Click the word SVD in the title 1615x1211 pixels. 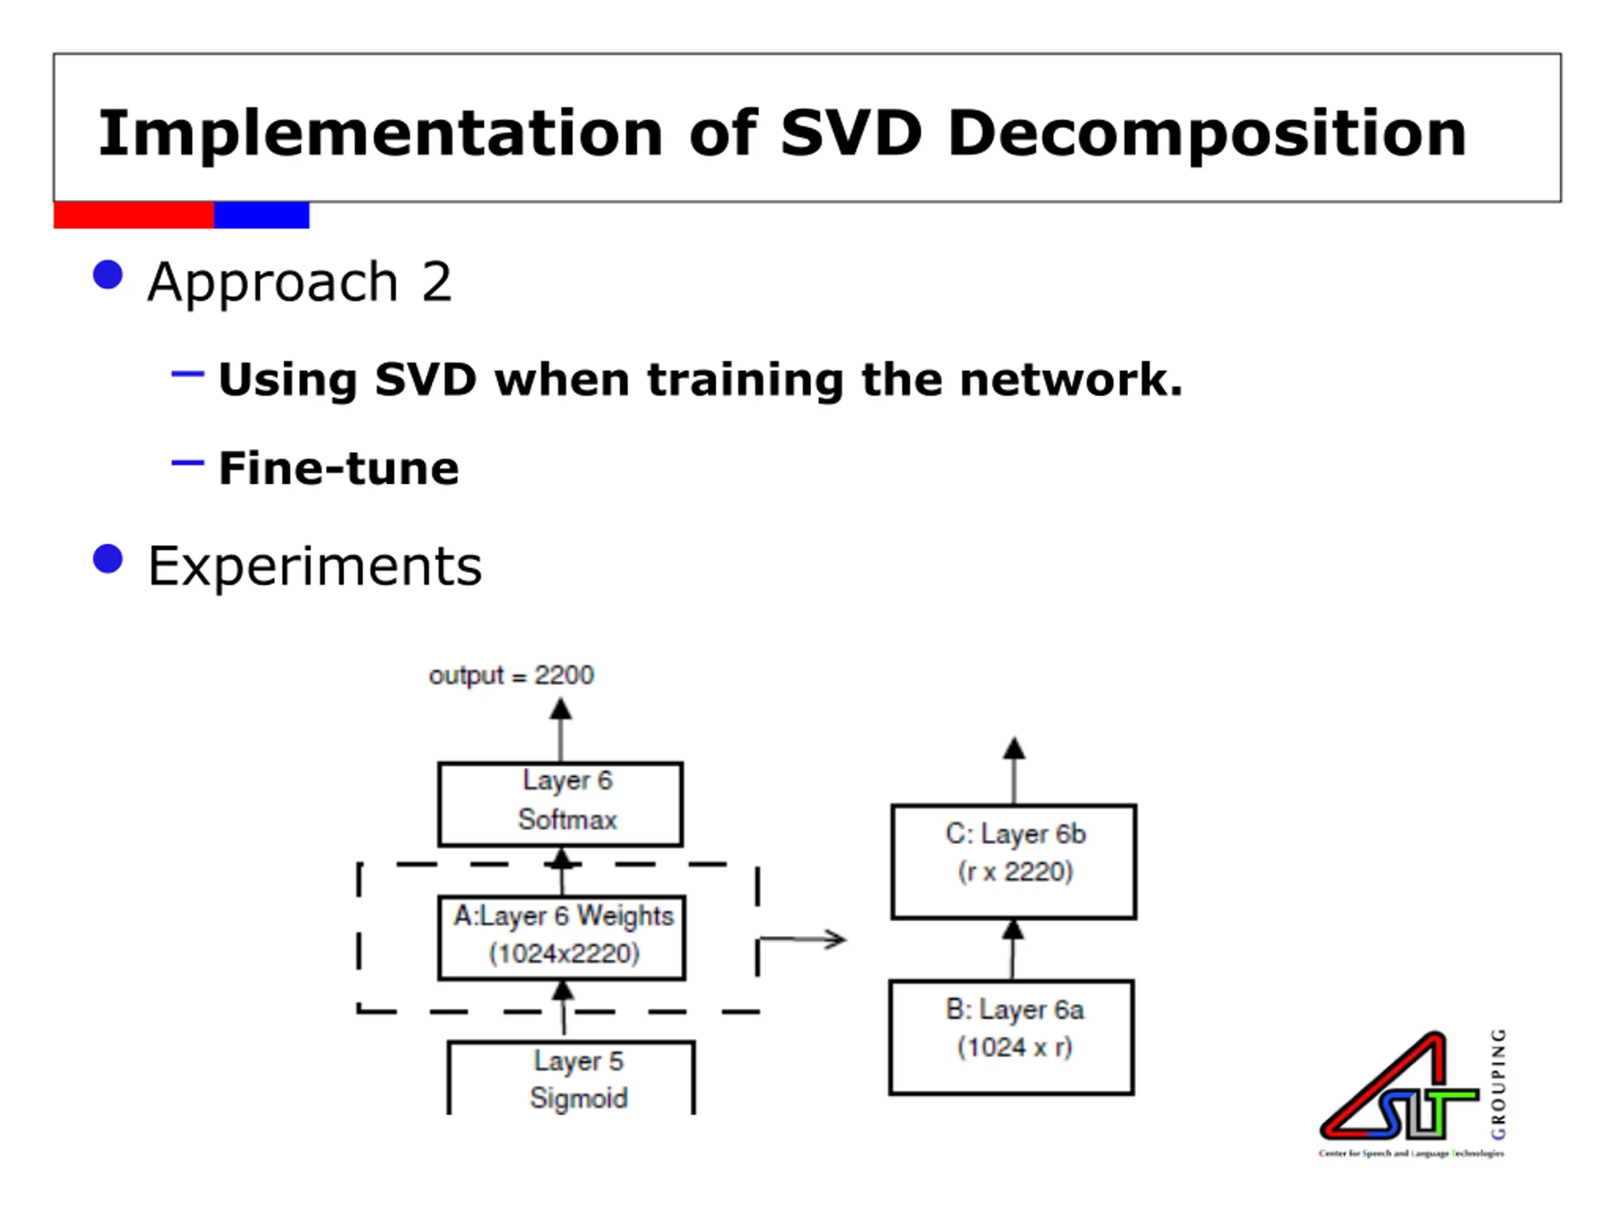(x=850, y=134)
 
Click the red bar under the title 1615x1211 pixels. (x=134, y=215)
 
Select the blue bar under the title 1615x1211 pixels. (x=261, y=215)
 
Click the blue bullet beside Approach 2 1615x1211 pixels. (x=108, y=275)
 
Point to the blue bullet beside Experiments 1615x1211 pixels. (x=108, y=559)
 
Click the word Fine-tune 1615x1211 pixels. (x=339, y=468)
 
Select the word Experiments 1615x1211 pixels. (x=315, y=566)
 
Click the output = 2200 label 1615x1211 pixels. (x=511, y=676)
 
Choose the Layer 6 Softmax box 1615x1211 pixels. (x=560, y=804)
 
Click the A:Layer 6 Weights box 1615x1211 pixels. (x=561, y=937)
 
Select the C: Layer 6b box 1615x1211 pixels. (x=1013, y=862)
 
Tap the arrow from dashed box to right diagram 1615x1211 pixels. (x=803, y=939)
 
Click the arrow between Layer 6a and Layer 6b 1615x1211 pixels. (x=1013, y=949)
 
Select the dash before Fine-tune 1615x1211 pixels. (x=187, y=462)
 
